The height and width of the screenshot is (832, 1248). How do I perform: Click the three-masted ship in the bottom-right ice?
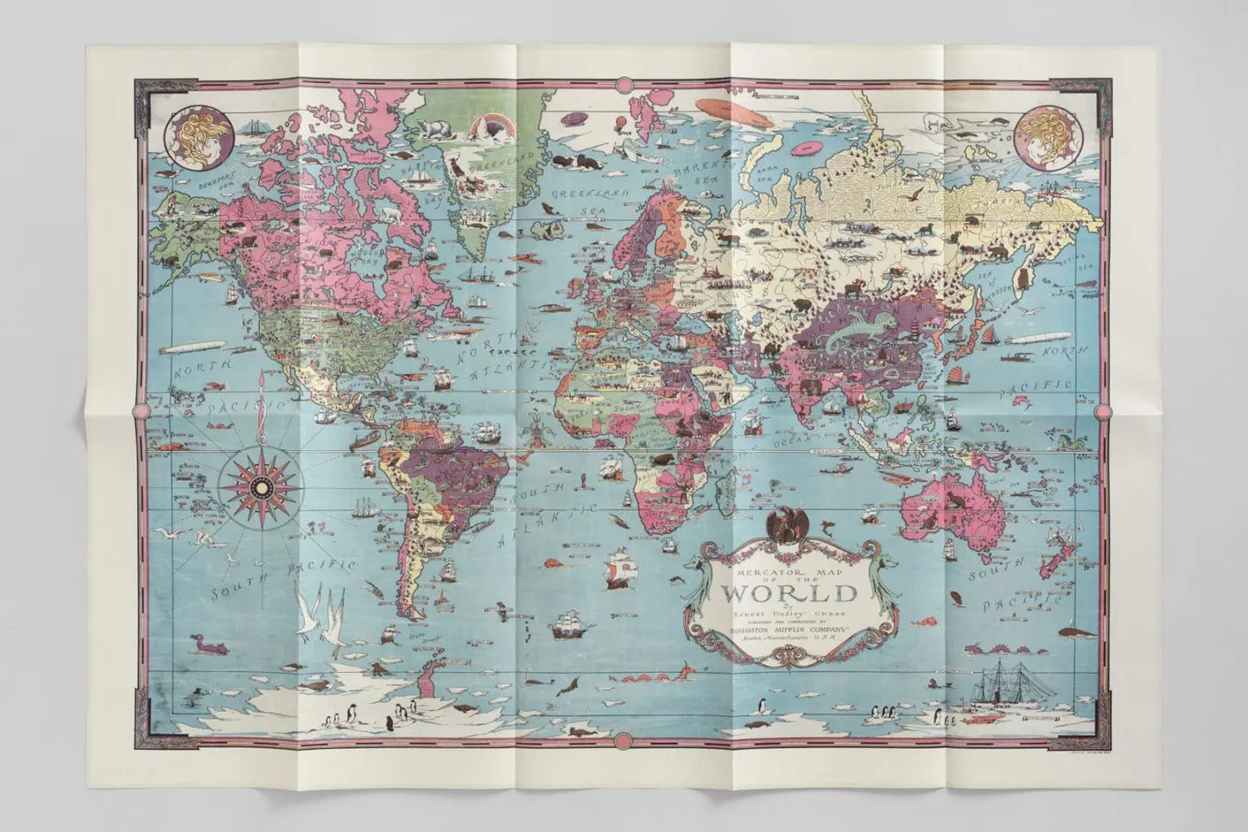1001,683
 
